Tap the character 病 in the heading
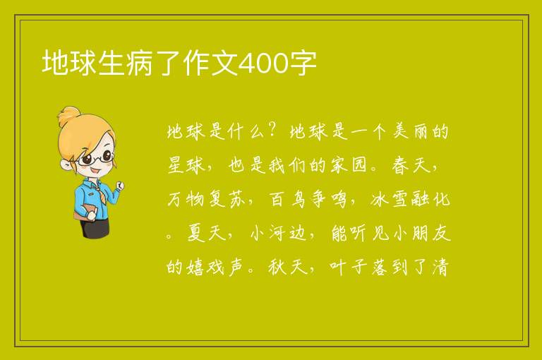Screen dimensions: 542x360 [x=139, y=64]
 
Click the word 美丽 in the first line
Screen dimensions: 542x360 [x=410, y=131]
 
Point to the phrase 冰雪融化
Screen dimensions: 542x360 [x=410, y=199]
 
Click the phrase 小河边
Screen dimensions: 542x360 [x=278, y=233]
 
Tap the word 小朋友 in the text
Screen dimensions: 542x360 [x=422, y=233]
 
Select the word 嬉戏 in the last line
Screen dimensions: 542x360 [x=206, y=267]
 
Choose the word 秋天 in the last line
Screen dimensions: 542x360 [x=288, y=267]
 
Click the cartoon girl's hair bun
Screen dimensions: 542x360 [x=68, y=116]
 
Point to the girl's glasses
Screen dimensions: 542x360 [x=95, y=158]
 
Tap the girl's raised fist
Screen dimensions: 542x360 [x=120, y=186]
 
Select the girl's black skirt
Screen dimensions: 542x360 [x=95, y=228]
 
